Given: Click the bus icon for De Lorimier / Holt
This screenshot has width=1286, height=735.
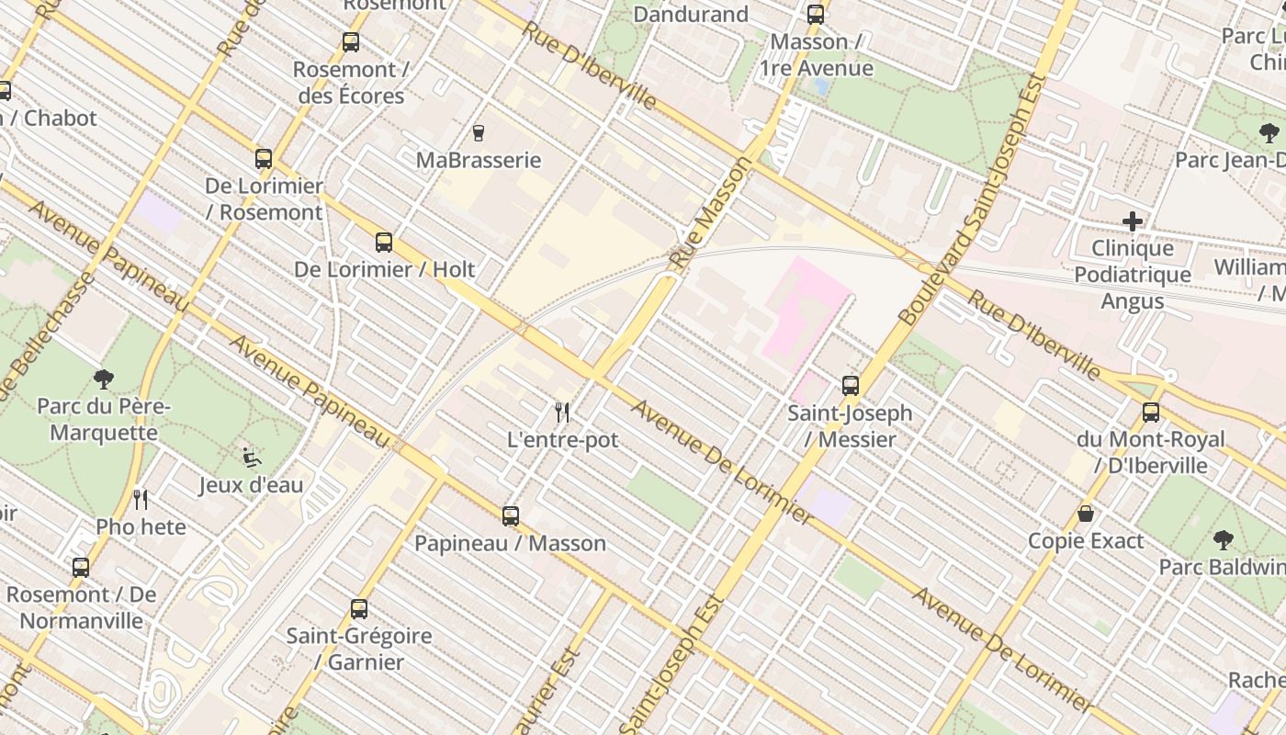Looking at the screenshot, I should (x=384, y=243).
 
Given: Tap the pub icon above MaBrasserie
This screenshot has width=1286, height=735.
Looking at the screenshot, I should (x=478, y=133).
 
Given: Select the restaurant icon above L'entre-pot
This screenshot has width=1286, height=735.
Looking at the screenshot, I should (x=563, y=413).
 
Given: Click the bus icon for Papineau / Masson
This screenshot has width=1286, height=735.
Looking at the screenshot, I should (x=511, y=516).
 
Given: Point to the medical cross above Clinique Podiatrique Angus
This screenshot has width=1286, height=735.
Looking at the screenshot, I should (x=1133, y=221).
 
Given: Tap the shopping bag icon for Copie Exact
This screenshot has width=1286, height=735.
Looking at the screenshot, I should (x=1086, y=514).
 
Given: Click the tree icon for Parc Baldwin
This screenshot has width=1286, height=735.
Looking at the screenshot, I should (x=1223, y=539).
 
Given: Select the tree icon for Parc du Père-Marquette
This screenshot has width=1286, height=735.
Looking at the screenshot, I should (x=104, y=379).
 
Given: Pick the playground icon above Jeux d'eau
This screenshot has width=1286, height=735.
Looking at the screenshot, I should (x=251, y=457).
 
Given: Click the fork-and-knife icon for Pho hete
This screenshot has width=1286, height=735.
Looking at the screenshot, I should (x=141, y=500).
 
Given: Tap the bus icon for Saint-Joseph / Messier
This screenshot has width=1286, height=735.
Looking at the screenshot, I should (x=851, y=386).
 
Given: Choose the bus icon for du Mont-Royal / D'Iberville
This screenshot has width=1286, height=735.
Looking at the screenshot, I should (x=1151, y=413).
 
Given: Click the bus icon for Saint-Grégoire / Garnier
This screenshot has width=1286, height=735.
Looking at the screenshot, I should (x=359, y=608).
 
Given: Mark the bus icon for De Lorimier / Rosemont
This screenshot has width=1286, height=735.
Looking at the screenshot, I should (x=264, y=159).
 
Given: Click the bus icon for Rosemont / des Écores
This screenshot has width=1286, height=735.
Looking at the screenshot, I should (x=351, y=42).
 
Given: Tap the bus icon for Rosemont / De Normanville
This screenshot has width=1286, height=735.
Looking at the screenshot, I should (x=81, y=568).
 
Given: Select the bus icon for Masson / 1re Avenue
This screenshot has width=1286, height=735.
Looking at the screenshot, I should (x=816, y=15).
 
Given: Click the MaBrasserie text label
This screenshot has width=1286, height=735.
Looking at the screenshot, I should (x=479, y=160).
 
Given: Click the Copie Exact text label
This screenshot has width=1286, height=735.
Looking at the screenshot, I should (x=1086, y=541).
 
